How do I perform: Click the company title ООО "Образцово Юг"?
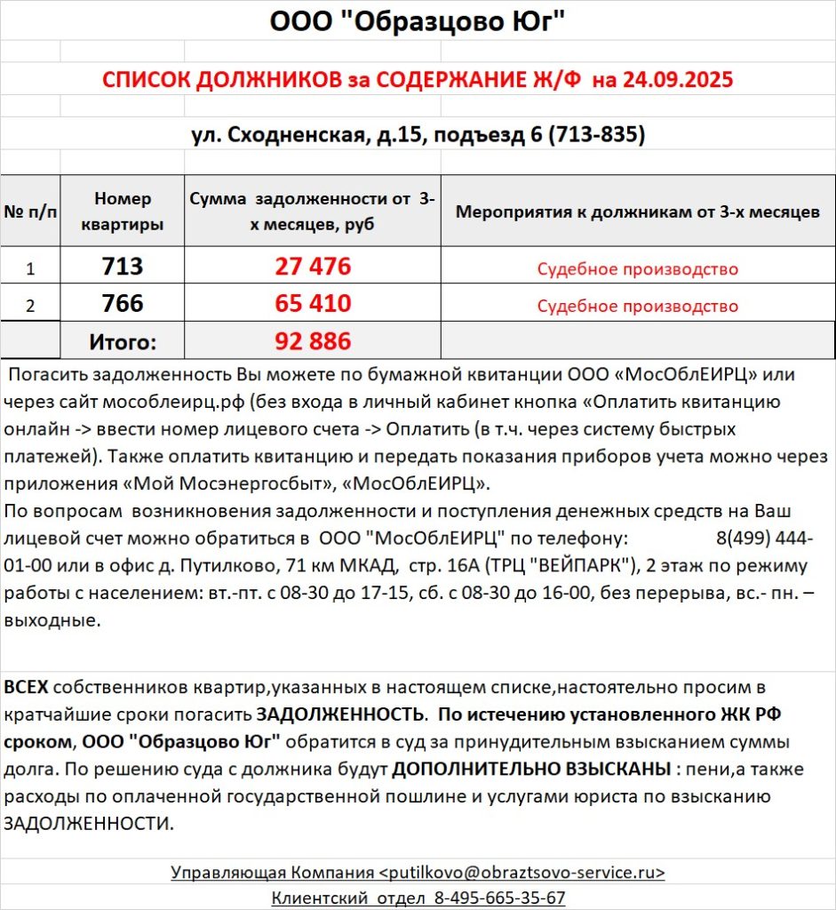[418, 21]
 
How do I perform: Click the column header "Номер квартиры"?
[123, 212]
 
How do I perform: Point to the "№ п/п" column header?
[30, 212]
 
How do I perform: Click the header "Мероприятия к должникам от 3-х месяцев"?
[637, 212]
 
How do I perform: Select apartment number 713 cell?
[123, 266]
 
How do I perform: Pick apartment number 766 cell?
[123, 304]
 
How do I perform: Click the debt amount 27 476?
[313, 266]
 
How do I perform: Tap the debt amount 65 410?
[313, 304]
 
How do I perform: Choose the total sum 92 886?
[313, 340]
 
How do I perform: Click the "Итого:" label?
[123, 341]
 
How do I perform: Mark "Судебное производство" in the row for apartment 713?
[637, 268]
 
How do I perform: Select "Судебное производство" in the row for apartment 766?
[637, 306]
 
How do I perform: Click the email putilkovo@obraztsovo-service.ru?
[522, 872]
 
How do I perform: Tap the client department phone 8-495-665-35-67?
[500, 898]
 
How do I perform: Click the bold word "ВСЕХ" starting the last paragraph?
[27, 687]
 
